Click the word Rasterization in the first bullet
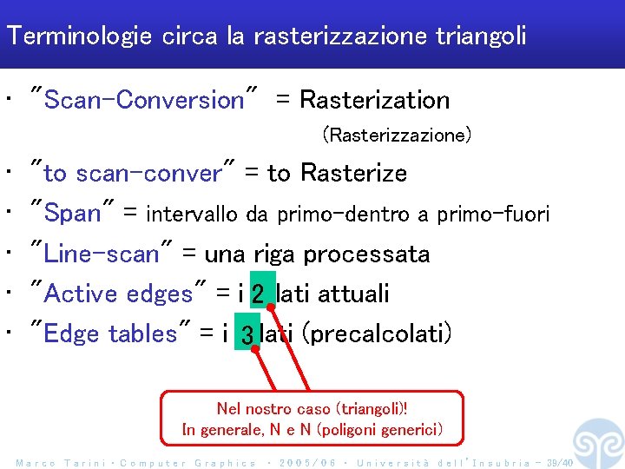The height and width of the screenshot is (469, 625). point(374,100)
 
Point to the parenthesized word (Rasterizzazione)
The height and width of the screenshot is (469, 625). point(397,135)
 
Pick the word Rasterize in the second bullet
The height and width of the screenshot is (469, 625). point(353,174)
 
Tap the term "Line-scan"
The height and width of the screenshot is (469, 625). point(102,254)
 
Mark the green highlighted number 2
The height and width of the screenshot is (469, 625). point(260,294)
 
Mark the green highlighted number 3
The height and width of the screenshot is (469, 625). point(247,334)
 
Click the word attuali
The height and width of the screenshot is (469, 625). point(353,294)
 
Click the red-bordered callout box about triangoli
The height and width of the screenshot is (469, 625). point(312,419)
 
